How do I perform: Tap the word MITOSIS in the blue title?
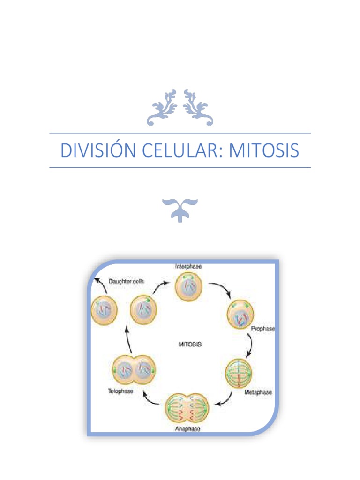click(264, 150)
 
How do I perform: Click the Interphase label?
click(188, 266)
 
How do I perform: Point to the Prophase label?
click(262, 329)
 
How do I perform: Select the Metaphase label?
click(258, 392)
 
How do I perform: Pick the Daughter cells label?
click(127, 281)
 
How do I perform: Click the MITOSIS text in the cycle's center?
click(190, 344)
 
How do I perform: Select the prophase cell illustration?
click(240, 315)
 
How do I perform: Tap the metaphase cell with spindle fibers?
click(240, 373)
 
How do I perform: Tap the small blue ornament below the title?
click(180, 210)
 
